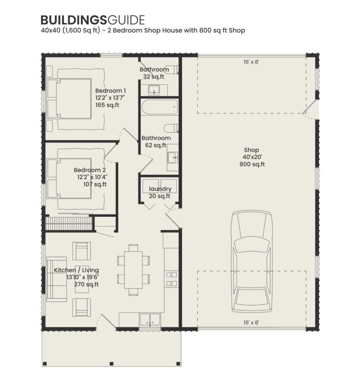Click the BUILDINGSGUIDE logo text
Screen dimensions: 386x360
[92, 20]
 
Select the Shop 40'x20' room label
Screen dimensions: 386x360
[252, 157]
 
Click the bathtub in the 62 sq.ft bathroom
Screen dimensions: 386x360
[159, 109]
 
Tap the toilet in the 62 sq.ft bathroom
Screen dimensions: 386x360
[171, 128]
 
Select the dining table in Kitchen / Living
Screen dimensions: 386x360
[134, 270]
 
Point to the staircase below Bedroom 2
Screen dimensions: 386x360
[68, 223]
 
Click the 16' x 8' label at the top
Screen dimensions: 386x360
[251, 61]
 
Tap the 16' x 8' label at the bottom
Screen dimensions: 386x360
[251, 322]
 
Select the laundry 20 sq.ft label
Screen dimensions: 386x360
[160, 192]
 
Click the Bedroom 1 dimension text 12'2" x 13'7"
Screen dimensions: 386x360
[110, 98]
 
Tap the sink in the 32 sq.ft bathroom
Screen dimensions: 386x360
[154, 89]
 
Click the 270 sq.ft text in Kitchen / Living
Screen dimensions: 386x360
[86, 284]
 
